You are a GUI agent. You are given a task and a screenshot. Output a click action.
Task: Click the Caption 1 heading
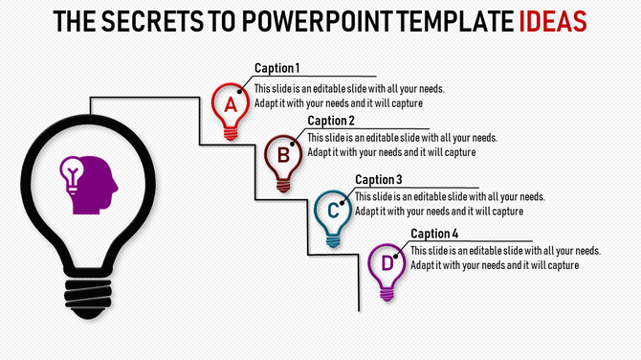point(276,68)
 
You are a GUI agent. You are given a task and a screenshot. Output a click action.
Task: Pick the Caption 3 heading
point(378,179)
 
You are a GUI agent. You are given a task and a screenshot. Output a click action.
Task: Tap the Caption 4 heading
point(433,234)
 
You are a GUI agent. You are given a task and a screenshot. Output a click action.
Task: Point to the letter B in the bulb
point(283,153)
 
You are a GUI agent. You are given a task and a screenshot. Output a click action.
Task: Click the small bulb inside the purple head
point(72,173)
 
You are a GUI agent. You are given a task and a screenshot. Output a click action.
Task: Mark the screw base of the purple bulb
point(387,292)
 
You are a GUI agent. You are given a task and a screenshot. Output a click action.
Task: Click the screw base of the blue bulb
point(333,239)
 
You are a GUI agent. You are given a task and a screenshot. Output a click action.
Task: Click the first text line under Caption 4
point(505,251)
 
